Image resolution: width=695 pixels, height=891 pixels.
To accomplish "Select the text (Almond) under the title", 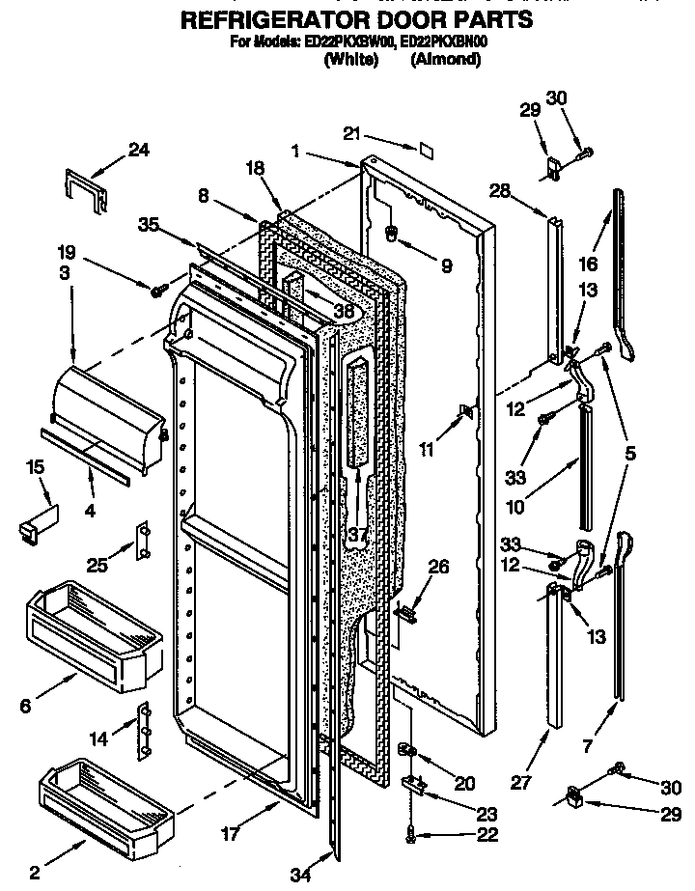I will tap(445, 60).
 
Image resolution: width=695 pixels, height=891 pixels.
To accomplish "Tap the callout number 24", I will tap(139, 149).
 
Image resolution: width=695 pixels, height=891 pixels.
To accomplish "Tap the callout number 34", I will tap(300, 875).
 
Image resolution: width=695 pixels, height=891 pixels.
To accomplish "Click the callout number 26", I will tap(437, 568).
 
